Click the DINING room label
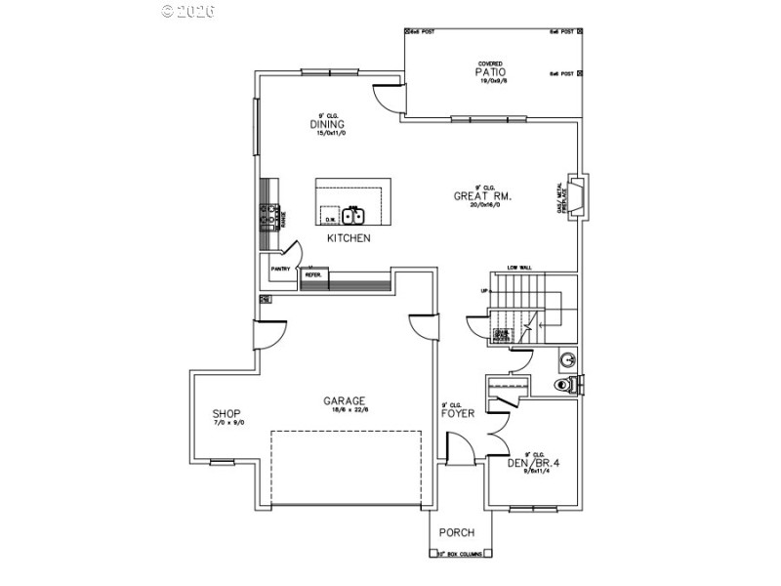click(327, 124)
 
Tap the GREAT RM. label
click(482, 196)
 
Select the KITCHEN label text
click(349, 238)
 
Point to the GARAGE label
click(345, 400)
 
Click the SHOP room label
click(226, 413)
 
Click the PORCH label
click(457, 532)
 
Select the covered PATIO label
click(492, 72)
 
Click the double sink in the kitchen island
click(351, 215)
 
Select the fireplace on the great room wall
click(578, 195)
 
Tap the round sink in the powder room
click(566, 358)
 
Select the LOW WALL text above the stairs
click(518, 268)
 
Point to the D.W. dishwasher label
click(330, 221)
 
